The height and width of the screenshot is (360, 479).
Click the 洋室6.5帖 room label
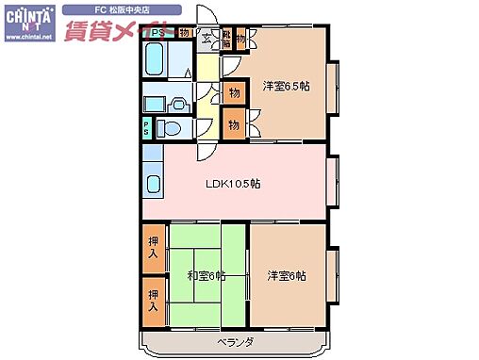point(286,86)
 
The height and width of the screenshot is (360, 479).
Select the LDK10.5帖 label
point(234,183)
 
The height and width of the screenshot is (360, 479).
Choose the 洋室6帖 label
point(286,275)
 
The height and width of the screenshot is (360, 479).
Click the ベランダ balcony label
point(235,342)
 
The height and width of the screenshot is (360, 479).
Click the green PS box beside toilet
point(146,128)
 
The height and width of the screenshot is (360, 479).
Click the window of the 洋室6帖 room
point(332,273)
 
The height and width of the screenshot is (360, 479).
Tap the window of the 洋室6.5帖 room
point(332,85)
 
